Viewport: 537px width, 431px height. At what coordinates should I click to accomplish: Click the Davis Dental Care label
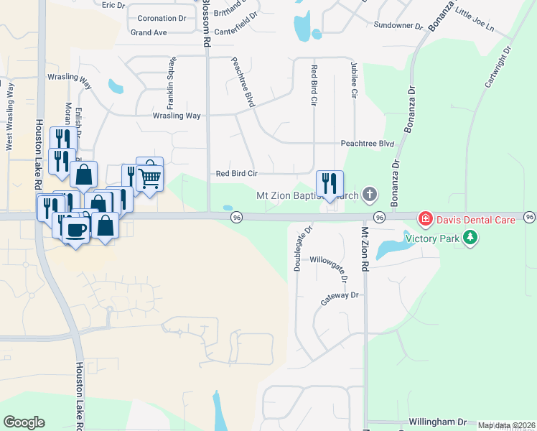(475, 219)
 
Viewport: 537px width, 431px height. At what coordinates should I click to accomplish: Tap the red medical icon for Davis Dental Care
(426, 218)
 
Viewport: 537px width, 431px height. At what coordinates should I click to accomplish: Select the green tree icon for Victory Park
(470, 238)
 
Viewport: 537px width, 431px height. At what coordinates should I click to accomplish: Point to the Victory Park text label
(432, 238)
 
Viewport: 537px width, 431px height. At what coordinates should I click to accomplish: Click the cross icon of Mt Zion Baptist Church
(369, 194)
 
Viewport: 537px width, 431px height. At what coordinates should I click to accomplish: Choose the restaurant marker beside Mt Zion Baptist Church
(330, 183)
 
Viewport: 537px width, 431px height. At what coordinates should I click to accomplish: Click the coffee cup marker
(75, 229)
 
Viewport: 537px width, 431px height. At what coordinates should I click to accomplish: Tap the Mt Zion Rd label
(364, 249)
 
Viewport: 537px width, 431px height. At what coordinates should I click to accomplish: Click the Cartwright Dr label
(497, 67)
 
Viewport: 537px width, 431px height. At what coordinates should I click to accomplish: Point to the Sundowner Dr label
(398, 25)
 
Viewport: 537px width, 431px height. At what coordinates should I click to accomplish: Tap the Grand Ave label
(149, 32)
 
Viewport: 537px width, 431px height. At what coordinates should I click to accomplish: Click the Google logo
(24, 422)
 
